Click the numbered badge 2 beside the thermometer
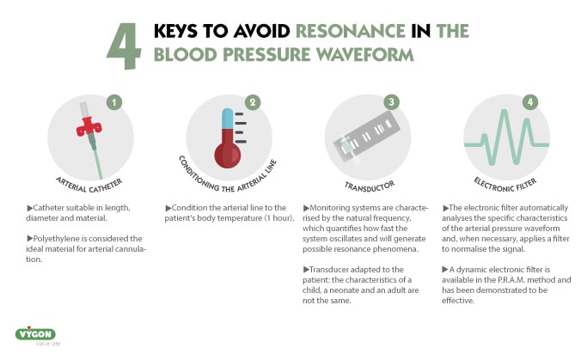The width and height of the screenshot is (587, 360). click(252, 101)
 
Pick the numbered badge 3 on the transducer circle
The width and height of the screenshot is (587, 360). click(393, 101)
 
